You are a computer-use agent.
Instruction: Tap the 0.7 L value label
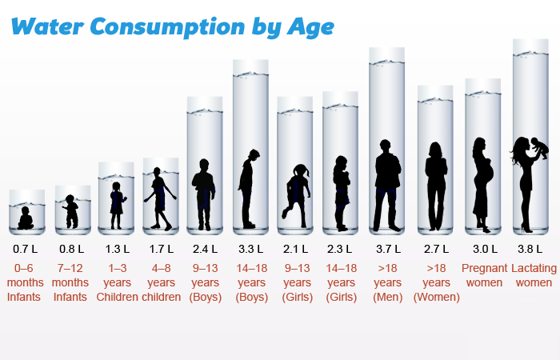pos(26,249)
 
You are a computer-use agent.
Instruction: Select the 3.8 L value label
pos(535,249)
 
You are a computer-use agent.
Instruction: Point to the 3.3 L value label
pos(252,249)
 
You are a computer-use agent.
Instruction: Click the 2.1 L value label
pos(296,249)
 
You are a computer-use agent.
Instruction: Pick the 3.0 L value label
pos(484,249)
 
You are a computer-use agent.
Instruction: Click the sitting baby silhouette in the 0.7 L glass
pos(26,218)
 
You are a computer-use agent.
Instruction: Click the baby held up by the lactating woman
pos(540,148)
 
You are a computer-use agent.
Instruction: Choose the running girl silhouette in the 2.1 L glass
pos(298,192)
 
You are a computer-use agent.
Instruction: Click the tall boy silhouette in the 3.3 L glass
pos(250,188)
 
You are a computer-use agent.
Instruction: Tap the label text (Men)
pos(387,298)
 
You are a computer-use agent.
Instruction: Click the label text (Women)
pos(436,298)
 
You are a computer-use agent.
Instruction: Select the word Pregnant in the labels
pos(484,268)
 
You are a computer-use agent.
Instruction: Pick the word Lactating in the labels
pos(534,268)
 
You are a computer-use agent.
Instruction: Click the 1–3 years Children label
pos(117,283)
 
